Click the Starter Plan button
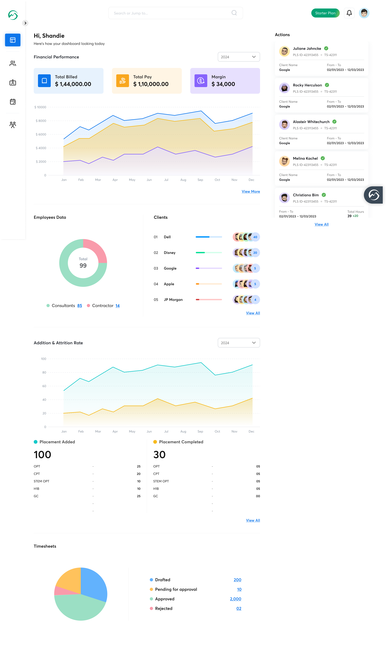tap(325, 13)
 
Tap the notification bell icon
tap(349, 13)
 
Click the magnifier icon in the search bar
tap(234, 13)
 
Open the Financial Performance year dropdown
tap(239, 57)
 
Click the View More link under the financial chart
tap(251, 191)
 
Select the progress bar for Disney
tap(209, 253)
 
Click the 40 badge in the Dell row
tap(255, 237)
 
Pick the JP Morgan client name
tap(173, 300)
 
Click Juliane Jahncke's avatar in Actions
tap(284, 51)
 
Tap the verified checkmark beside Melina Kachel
tap(323, 158)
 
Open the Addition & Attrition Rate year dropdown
tap(239, 343)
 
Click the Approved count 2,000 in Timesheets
tap(235, 599)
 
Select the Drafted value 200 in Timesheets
tap(237, 580)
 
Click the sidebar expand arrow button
tap(25, 23)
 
